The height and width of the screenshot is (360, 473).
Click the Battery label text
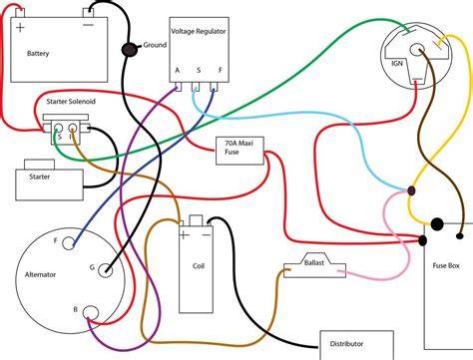click(x=38, y=53)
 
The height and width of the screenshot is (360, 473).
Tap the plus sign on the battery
click(x=20, y=27)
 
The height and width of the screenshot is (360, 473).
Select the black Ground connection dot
click(x=129, y=50)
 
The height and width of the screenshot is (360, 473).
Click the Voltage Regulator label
click(x=199, y=31)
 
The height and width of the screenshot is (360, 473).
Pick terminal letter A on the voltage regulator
click(x=178, y=70)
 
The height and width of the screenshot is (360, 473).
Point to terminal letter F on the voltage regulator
click(x=221, y=70)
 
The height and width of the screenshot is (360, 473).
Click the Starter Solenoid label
click(x=71, y=102)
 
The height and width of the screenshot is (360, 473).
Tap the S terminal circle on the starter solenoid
click(x=58, y=128)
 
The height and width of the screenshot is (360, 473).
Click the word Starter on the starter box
click(x=40, y=177)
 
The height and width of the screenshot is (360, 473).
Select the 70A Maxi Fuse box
click(x=239, y=151)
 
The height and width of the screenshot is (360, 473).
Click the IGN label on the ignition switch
click(x=397, y=63)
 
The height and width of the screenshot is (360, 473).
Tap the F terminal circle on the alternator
click(x=68, y=243)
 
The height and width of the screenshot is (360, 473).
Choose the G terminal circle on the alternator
click(x=105, y=270)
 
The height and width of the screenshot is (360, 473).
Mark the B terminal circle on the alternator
click(x=91, y=313)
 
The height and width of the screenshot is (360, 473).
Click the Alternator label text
click(x=40, y=274)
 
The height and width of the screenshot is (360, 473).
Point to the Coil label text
click(x=199, y=266)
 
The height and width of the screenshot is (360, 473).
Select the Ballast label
click(x=314, y=262)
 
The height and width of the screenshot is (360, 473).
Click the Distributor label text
click(x=346, y=344)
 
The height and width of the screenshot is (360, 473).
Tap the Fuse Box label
click(x=446, y=265)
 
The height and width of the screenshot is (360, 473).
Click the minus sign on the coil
click(x=207, y=235)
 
